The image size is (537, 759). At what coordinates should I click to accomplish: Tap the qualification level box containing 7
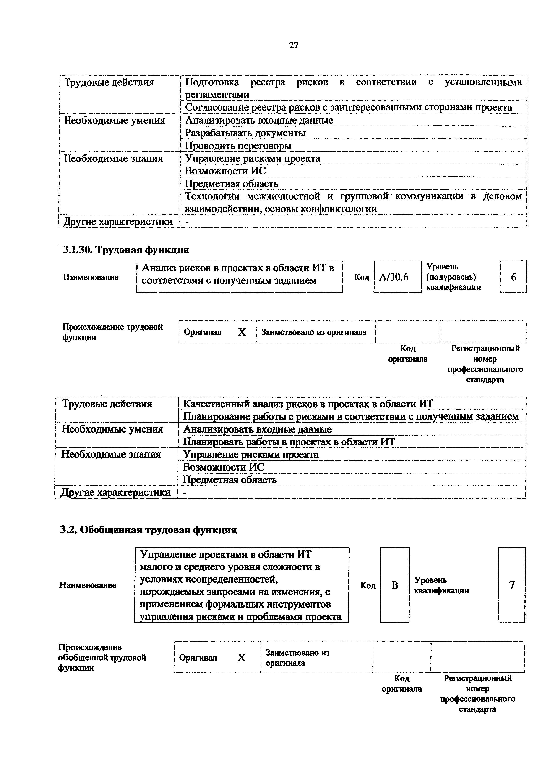(511, 585)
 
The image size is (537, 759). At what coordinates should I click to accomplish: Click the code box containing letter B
(394, 585)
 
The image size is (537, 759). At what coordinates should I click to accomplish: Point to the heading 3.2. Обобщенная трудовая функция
(148, 530)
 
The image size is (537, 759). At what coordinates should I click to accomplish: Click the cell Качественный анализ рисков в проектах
(308, 404)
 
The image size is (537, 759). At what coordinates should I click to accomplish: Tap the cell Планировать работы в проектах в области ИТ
(289, 442)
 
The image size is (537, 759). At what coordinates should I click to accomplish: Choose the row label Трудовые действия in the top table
(109, 82)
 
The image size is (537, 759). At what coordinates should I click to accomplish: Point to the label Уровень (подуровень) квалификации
(453, 277)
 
